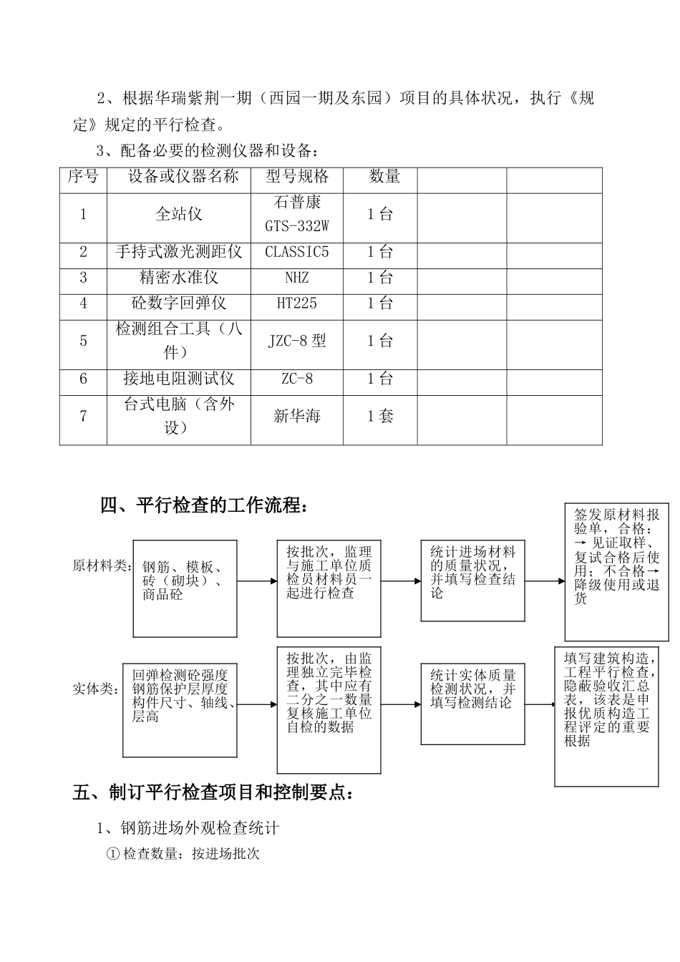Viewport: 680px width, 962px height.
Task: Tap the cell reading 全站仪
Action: pos(178,214)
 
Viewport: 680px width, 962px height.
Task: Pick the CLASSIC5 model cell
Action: pos(296,253)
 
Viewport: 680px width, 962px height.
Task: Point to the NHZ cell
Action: pos(296,278)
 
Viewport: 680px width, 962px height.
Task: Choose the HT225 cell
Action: pos(296,303)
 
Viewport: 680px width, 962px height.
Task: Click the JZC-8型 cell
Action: pos(296,341)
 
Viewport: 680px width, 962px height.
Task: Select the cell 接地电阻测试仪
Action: pos(178,379)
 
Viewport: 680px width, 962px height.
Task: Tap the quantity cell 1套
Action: pos(380,417)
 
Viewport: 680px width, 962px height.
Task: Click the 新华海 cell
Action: pos(296,417)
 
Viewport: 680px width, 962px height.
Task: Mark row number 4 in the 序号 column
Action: pos(83,303)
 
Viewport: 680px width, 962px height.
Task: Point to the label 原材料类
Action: pos(102,566)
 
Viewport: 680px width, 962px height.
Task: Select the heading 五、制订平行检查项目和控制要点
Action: pos(213,792)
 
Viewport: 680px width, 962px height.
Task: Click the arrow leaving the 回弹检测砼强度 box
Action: pos(256,704)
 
